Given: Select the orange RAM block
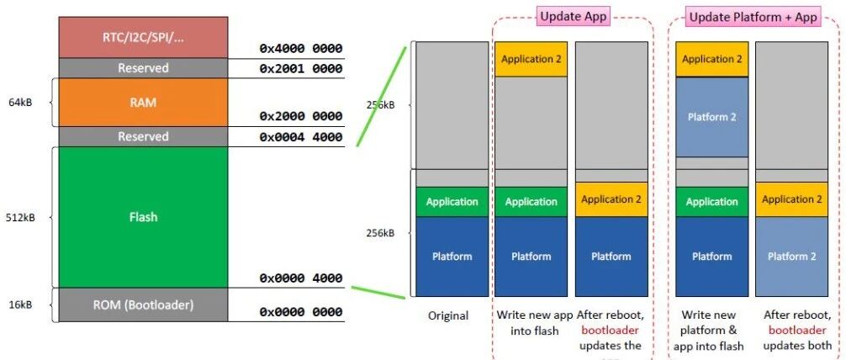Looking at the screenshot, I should click(143, 103).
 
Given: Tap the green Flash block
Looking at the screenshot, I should click(143, 217).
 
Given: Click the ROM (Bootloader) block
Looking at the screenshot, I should click(143, 304).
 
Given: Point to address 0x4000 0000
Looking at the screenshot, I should click(300, 49).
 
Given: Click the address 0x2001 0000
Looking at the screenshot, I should click(300, 69).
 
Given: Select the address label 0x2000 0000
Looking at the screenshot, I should click(300, 117).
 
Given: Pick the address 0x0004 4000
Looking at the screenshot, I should click(300, 137).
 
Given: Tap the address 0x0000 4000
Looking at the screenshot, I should click(300, 278).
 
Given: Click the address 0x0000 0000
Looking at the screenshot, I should click(300, 312).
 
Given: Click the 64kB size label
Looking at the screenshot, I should click(24, 103).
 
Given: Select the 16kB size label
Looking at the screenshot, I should click(24, 304).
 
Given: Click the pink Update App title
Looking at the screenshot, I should click(572, 17).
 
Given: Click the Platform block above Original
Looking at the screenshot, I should click(452, 257).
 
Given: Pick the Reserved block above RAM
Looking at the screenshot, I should click(143, 68).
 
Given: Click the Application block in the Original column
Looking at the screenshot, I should click(452, 202).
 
